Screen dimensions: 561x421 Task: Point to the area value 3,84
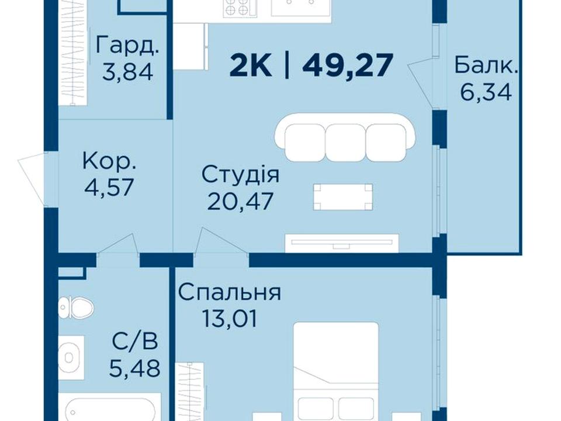(x=128, y=71)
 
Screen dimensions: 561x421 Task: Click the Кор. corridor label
(x=109, y=161)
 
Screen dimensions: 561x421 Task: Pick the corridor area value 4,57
(x=109, y=187)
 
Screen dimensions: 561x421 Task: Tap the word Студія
(x=240, y=175)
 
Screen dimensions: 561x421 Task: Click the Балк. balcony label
(x=486, y=65)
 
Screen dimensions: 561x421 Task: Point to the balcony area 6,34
(x=486, y=92)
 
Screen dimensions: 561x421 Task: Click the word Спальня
(x=229, y=292)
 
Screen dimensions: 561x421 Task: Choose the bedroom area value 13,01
(x=229, y=318)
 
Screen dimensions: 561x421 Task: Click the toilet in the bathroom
(x=76, y=308)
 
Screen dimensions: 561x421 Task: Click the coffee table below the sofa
(x=343, y=197)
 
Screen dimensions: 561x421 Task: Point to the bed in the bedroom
(x=336, y=372)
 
